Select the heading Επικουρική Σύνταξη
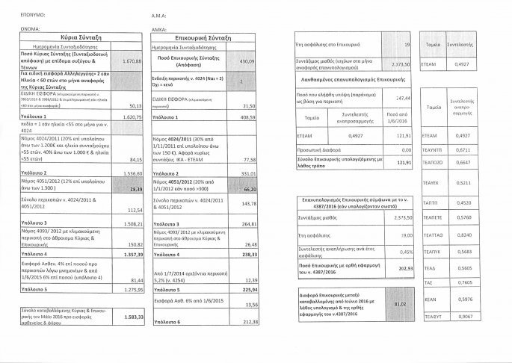pyautogui.click(x=203, y=35)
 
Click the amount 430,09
pyautogui.click(x=246, y=60)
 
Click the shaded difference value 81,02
pyautogui.click(x=398, y=305)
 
